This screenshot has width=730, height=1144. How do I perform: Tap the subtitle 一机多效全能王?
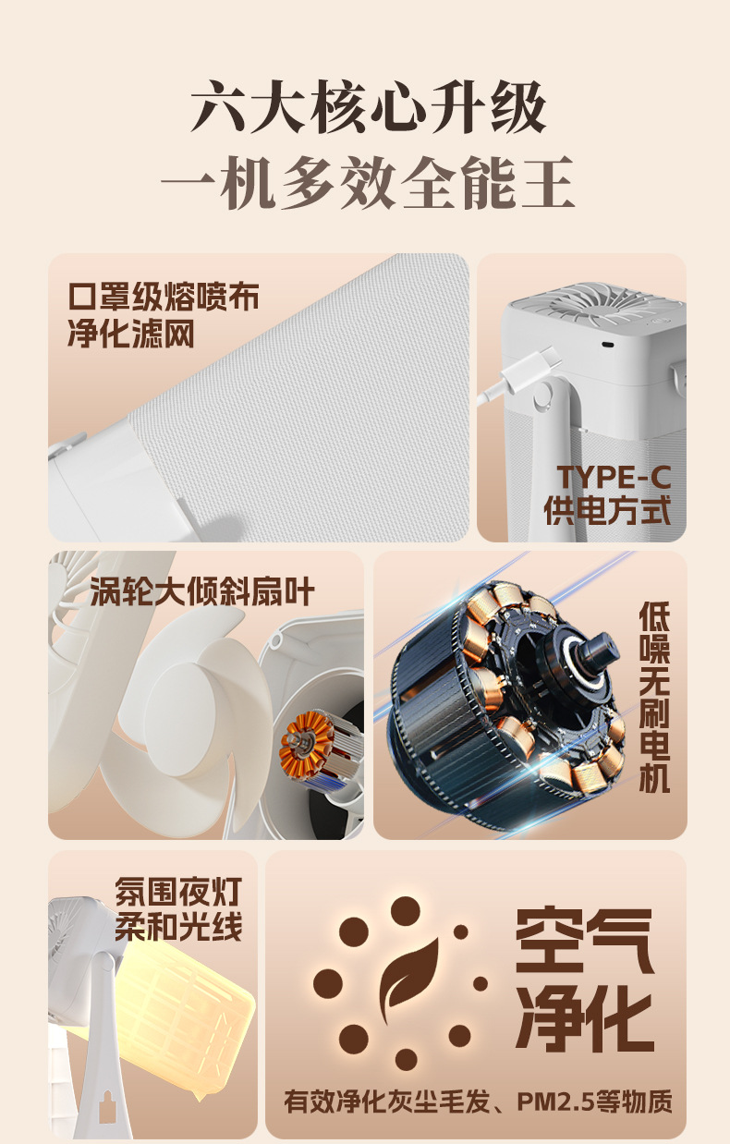tap(368, 182)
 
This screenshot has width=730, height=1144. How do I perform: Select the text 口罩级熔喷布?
tap(163, 297)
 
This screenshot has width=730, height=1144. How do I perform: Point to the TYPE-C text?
tap(614, 478)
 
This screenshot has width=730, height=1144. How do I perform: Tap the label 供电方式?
tap(607, 510)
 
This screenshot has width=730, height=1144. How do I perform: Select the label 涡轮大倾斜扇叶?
tap(201, 592)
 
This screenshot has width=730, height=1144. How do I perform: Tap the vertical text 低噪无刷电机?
tap(654, 697)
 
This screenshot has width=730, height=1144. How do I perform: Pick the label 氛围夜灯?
tap(177, 892)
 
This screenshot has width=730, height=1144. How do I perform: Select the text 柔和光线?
tap(177, 927)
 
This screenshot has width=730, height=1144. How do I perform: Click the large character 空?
tap(549, 940)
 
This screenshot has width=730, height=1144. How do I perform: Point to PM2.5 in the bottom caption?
tap(554, 1101)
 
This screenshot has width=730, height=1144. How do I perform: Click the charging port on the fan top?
tap(607, 344)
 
